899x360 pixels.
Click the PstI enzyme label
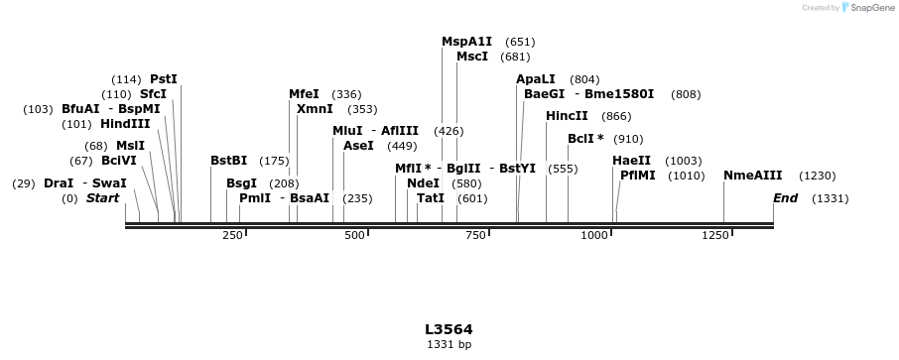click(x=164, y=79)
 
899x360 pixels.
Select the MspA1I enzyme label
click(x=466, y=42)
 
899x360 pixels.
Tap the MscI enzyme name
click(x=472, y=57)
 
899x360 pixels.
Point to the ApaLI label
click(x=536, y=79)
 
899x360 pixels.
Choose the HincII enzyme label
click(x=567, y=116)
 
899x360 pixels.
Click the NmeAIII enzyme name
click(x=752, y=176)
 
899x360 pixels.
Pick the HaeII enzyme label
click(x=631, y=161)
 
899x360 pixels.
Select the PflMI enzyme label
click(x=637, y=176)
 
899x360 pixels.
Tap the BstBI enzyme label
click(x=228, y=161)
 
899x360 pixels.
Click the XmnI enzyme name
click(x=315, y=109)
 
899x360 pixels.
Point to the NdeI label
click(x=423, y=183)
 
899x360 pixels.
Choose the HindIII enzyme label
click(x=125, y=124)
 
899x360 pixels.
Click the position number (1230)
click(x=818, y=176)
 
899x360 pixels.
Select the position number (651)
click(x=520, y=42)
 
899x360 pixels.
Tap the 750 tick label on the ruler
click(x=476, y=235)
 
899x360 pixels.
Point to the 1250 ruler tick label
click(x=715, y=235)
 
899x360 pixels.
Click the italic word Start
click(x=102, y=198)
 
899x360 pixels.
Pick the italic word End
click(x=785, y=198)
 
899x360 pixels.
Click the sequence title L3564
click(x=449, y=329)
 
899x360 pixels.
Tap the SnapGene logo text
click(x=868, y=8)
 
